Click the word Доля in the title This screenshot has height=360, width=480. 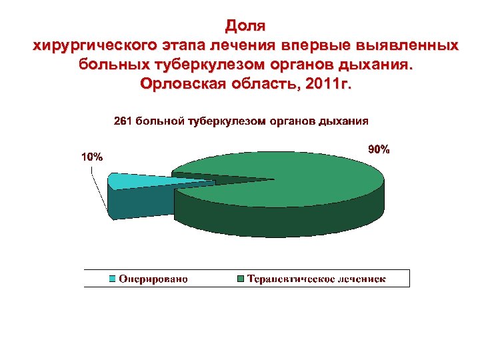245,27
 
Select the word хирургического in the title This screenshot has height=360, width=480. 95,47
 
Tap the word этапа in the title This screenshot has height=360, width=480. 185,47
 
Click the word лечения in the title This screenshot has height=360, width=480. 245,47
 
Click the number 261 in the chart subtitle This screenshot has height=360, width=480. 124,122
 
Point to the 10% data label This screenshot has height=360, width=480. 92,157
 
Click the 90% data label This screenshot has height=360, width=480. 379,150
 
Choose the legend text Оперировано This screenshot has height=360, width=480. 153,279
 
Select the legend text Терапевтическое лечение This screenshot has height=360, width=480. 317,279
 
